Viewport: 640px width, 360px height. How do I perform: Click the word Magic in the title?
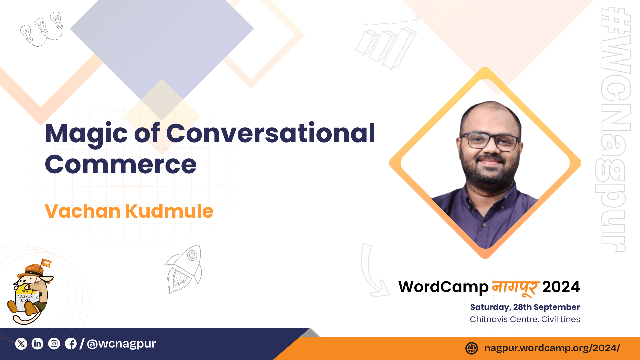(86, 134)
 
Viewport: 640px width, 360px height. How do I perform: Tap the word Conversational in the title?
(271, 133)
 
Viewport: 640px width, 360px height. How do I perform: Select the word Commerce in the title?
(121, 164)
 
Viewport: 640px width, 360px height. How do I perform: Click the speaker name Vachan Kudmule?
(129, 211)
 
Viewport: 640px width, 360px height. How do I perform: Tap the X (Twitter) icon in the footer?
(21, 344)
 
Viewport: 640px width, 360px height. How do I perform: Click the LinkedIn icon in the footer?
(37, 344)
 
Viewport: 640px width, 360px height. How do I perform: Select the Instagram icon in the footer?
(54, 344)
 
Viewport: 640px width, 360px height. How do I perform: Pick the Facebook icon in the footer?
(71, 344)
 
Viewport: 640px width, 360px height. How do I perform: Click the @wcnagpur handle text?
(121, 344)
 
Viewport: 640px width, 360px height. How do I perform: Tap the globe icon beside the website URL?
(472, 348)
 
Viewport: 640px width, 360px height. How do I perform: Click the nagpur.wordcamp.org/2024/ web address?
(552, 348)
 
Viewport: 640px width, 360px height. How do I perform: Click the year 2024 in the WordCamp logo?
(561, 287)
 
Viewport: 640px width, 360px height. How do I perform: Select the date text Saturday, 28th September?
(525, 307)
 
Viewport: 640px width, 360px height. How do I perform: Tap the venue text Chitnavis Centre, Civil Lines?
(525, 319)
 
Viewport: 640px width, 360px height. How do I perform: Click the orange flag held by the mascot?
(46, 263)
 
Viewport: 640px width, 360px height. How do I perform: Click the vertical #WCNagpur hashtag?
(613, 130)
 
